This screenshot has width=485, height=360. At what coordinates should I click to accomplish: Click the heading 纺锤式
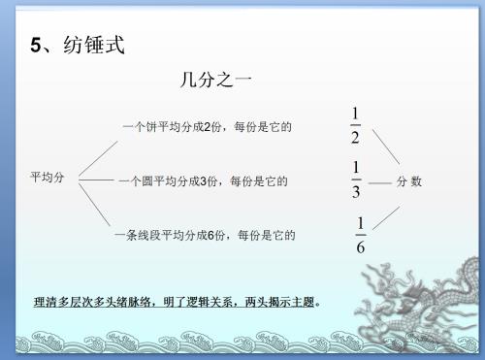94,45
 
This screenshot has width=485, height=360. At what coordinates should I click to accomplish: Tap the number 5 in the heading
36,45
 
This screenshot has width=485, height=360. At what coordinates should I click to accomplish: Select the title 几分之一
215,80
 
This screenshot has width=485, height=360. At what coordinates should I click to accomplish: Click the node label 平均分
48,178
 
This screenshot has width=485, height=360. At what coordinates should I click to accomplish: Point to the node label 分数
409,181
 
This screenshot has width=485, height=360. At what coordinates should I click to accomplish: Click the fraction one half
355,125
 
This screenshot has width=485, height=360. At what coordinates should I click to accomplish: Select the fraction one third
356,180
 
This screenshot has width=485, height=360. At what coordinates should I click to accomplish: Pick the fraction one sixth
361,235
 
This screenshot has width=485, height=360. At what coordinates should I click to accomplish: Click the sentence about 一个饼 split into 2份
208,127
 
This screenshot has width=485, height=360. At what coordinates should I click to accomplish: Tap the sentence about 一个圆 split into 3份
204,181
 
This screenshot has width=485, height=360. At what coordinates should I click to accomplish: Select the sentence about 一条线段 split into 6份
205,235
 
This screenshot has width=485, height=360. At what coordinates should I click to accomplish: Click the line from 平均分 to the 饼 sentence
98,158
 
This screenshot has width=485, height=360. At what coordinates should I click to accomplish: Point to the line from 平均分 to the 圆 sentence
96,180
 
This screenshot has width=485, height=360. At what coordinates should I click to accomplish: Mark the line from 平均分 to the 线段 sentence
94,205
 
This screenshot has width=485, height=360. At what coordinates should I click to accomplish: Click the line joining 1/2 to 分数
386,147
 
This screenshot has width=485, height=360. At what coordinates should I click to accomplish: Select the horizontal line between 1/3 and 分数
380,183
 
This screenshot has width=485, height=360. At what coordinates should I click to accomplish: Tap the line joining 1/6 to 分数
386,218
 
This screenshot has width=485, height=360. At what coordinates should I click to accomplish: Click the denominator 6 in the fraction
361,247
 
